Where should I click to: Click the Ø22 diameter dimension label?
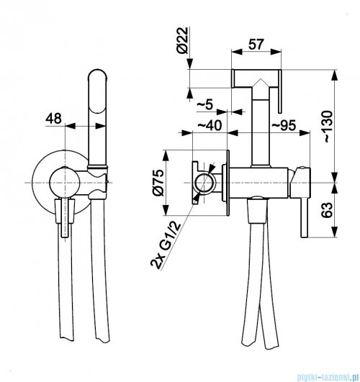(x=182, y=40)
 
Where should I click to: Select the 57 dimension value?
(x=256, y=45)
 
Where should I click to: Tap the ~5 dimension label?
(x=204, y=105)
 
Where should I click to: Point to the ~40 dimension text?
(x=210, y=125)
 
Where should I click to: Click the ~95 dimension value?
(x=284, y=125)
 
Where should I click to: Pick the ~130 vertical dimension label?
(x=328, y=127)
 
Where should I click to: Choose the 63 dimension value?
(x=327, y=210)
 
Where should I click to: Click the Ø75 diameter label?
(x=158, y=183)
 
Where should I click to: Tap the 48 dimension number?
(x=54, y=119)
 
